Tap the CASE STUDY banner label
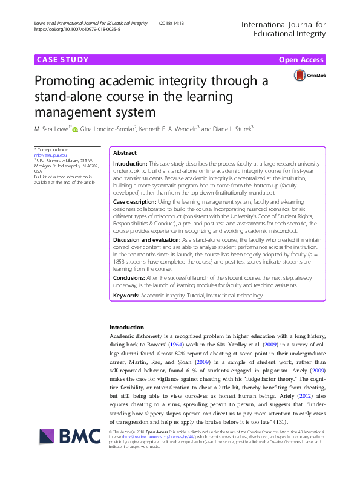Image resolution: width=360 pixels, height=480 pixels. (62, 60)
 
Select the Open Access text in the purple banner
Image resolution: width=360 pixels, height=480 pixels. (301, 60)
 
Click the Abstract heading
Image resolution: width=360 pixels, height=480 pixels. (125, 154)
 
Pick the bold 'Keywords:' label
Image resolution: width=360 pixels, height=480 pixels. (126, 296)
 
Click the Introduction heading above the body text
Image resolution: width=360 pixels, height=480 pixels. (126, 327)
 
